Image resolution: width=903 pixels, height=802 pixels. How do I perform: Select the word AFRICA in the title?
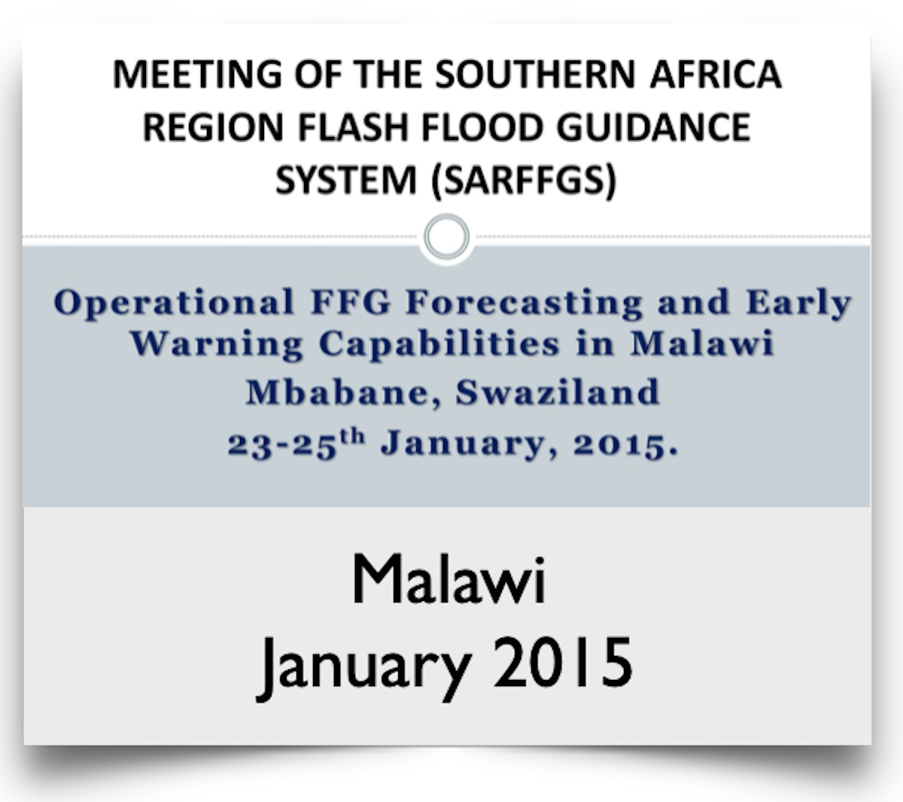tap(716, 74)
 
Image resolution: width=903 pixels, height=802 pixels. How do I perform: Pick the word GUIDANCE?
tap(653, 127)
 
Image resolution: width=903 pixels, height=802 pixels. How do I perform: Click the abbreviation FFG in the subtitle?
tap(351, 303)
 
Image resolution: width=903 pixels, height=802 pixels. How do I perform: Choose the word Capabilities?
tap(439, 344)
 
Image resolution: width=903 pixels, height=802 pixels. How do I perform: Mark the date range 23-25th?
tap(296, 444)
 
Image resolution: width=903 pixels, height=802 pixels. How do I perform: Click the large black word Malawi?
tap(448, 579)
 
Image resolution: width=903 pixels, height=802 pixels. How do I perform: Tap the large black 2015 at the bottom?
tap(563, 662)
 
